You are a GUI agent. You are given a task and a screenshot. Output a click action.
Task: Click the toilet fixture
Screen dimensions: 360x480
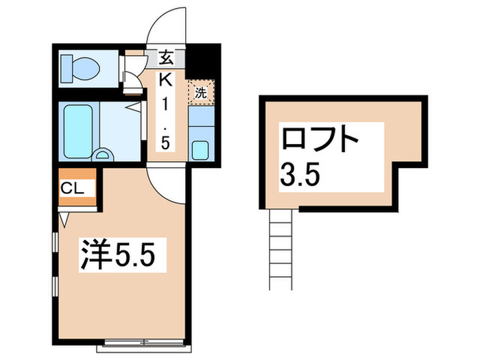tap(81, 67)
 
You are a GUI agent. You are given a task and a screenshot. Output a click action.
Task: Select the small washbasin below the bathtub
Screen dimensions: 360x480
tap(104, 154)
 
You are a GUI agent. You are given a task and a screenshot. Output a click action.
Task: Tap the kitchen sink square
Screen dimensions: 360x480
tap(202, 148)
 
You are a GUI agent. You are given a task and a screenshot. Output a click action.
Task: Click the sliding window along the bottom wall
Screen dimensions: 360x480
tap(145, 341)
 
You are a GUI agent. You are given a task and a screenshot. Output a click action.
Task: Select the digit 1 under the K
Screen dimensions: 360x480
tap(166, 105)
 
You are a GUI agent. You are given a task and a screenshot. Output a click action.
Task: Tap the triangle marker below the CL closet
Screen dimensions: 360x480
tap(64, 219)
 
